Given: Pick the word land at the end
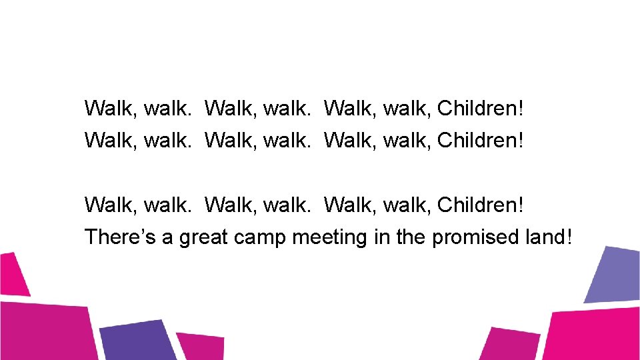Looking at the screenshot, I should (540, 237).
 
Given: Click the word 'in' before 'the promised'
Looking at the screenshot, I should (381, 237).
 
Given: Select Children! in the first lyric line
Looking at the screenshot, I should (481, 108).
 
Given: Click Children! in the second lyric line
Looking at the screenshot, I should (481, 141).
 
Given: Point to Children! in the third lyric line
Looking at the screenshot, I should (481, 205).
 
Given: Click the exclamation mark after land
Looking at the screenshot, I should (568, 237).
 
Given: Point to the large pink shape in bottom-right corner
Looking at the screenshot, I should (593, 333).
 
